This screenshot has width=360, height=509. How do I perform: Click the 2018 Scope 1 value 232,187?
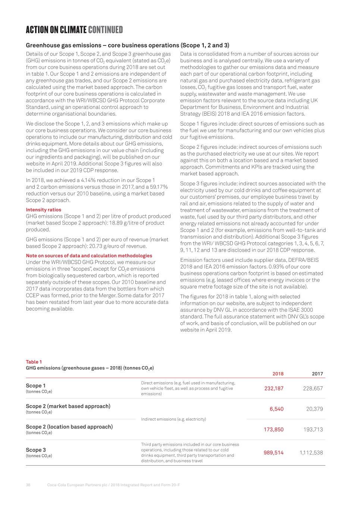tap(273, 388)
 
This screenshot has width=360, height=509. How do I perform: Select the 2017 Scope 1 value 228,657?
tap(313, 388)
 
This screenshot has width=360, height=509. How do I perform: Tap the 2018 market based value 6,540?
tap(276, 409)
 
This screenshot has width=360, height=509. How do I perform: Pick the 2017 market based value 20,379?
tap(314, 409)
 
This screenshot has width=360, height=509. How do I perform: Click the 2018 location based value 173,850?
tap(273, 429)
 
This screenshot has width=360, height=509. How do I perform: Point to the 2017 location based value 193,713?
tap(313, 429)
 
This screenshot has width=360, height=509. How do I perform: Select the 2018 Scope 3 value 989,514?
tap(273, 452)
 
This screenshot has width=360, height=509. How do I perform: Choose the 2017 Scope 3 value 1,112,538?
tap(311, 452)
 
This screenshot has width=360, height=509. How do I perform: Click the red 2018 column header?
tap(278, 374)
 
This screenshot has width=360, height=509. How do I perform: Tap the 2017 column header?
tap(317, 374)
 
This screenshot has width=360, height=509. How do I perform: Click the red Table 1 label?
tap(34, 362)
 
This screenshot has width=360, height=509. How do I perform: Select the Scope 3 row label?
tap(36, 450)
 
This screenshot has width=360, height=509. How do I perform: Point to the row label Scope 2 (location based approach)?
tap(69, 427)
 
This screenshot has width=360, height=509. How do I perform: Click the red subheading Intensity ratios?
tap(43, 210)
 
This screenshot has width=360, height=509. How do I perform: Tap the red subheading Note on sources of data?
tap(89, 255)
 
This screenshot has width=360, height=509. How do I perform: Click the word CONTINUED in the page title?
tap(105, 29)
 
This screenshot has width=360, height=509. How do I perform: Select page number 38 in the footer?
tap(28, 485)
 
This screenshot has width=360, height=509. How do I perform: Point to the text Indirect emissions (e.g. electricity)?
tap(173, 419)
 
